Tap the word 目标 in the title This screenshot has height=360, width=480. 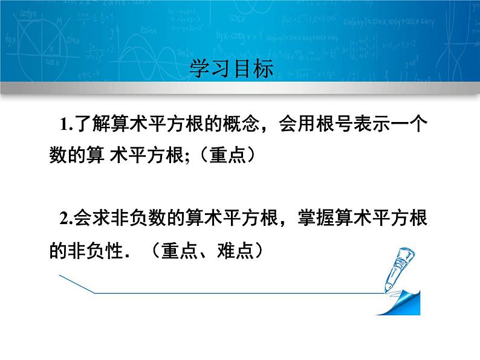coord(253,68)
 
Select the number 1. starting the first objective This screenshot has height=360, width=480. coord(66,126)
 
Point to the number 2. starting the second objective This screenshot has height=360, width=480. coord(66,220)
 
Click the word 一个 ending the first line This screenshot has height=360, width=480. coord(410,125)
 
